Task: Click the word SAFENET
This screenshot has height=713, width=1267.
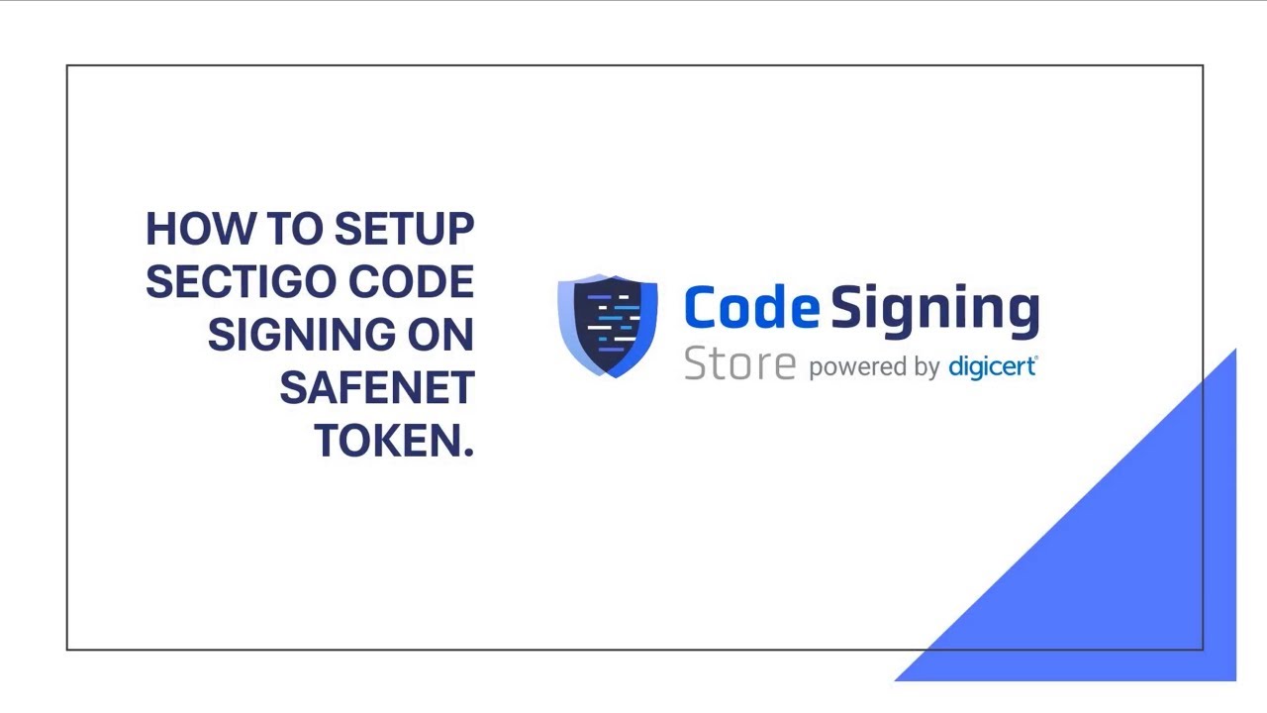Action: click(376, 388)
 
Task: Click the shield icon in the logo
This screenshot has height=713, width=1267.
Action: click(608, 325)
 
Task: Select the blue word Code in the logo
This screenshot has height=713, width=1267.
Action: click(751, 308)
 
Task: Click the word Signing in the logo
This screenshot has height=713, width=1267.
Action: click(934, 310)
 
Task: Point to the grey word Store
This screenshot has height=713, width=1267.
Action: click(739, 364)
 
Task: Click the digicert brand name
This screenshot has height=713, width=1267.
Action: click(992, 367)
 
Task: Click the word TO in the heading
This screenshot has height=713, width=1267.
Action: click(295, 229)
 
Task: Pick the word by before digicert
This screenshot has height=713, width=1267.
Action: click(927, 368)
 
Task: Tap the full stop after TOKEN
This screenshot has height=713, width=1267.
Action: click(469, 453)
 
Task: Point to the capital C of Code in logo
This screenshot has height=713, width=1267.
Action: click(702, 308)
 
